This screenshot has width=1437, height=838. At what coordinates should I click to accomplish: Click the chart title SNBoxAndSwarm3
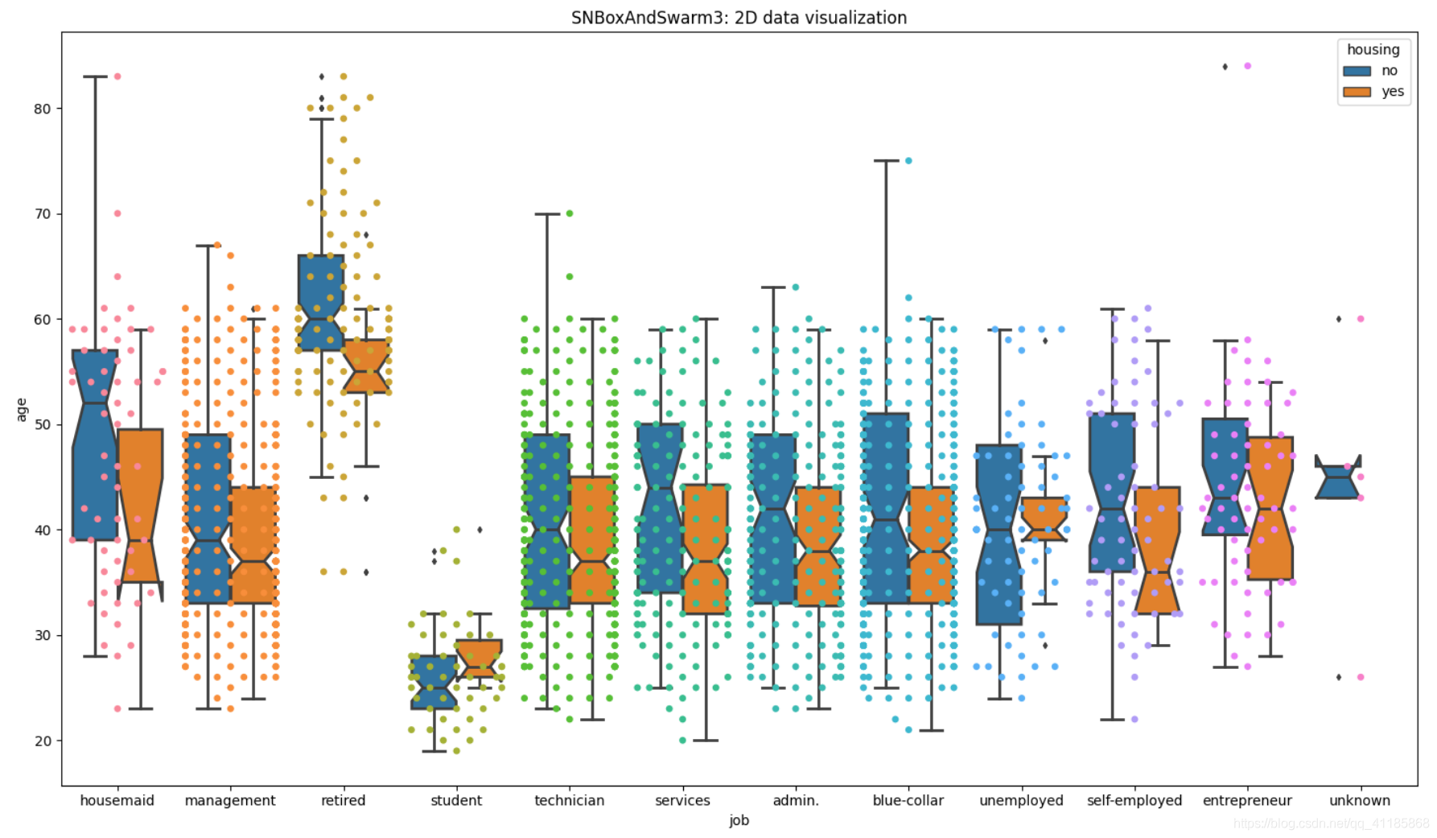[x=739, y=18]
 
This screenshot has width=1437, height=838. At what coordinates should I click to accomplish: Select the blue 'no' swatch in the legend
[x=1357, y=71]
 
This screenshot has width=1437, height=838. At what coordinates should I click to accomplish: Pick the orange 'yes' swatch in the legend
[x=1357, y=92]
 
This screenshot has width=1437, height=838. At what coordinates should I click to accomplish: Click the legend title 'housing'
[x=1373, y=50]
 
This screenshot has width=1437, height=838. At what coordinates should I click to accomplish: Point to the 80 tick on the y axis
[x=42, y=109]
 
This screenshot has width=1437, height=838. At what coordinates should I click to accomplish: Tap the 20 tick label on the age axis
[x=42, y=741]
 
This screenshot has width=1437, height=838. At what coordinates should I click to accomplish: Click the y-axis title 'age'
[x=22, y=409]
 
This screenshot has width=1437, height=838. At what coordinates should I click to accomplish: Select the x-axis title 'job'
[x=739, y=820]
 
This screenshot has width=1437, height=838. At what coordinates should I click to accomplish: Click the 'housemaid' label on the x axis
[x=117, y=800]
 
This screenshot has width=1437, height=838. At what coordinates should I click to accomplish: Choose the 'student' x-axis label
[x=456, y=800]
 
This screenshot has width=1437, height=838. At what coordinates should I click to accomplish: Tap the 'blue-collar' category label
[x=908, y=800]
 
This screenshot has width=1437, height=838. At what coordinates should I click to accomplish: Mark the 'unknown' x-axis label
[x=1359, y=800]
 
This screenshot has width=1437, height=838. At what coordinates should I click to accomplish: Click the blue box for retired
[x=321, y=303]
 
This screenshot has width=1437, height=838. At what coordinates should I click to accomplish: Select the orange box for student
[x=480, y=657]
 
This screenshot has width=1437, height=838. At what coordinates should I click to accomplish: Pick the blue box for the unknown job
[x=1337, y=481]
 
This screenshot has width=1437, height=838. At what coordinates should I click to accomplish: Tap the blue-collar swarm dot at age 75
[x=908, y=161]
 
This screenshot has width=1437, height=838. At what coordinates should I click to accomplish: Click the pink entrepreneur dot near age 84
[x=1247, y=66]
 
